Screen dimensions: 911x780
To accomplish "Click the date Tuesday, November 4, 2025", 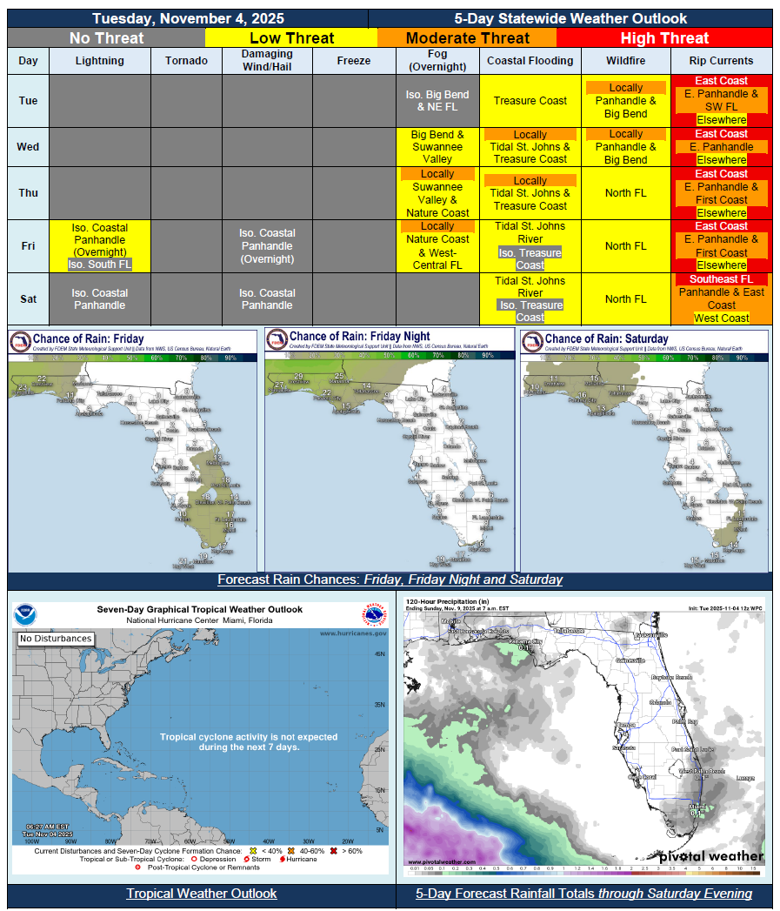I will [188, 18].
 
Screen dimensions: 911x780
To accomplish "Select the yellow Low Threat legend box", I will [291, 37].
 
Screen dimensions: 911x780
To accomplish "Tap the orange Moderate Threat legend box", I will [467, 37].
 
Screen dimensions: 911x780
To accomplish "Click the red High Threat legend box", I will [664, 37].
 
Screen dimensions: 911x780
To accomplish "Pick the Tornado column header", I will [186, 61].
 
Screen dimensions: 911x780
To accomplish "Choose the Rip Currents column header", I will [721, 61].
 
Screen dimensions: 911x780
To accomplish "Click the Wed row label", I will [28, 147].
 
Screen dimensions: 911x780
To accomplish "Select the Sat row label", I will [28, 298].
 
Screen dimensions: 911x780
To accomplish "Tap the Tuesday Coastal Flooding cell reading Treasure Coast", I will [530, 101].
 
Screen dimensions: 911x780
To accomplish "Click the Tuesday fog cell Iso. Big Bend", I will [437, 101].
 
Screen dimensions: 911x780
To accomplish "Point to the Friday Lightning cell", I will [100, 246].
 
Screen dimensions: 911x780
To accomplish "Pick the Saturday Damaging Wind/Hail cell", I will [267, 298].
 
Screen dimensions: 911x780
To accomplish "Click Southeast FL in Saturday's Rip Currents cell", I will [721, 279].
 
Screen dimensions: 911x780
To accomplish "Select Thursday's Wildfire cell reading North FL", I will [626, 193].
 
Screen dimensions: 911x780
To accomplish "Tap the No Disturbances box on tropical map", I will [56, 639].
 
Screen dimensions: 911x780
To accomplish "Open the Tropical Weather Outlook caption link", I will [202, 894].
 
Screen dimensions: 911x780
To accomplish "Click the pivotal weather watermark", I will [710, 856].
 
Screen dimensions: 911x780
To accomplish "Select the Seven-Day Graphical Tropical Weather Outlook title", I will [199, 610].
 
